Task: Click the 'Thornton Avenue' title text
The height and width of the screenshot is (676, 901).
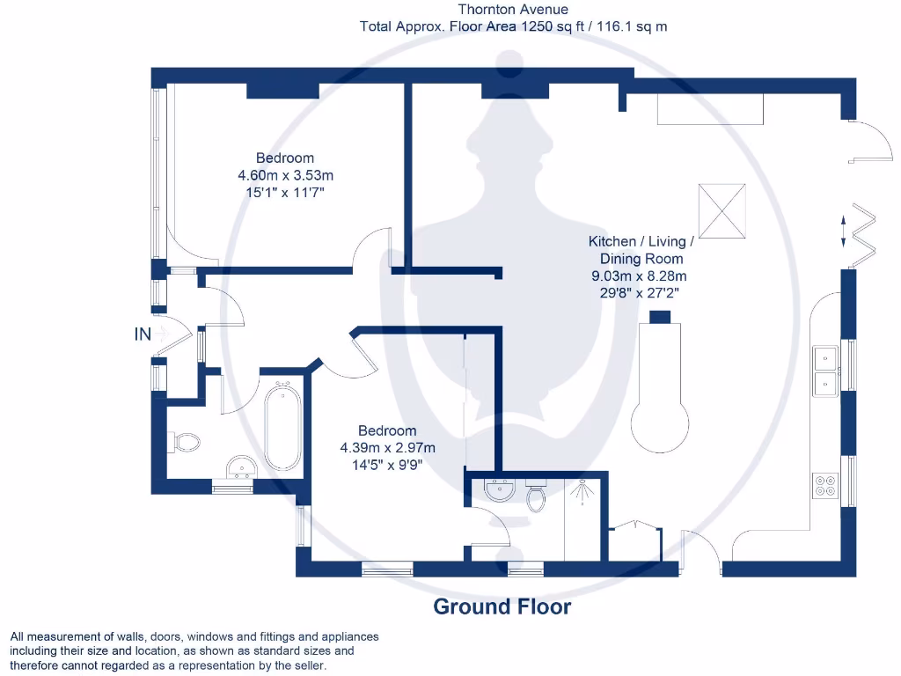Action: pos(513,10)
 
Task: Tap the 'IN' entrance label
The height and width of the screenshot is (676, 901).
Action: pos(143,334)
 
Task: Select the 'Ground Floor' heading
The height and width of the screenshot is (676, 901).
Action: pos(502,606)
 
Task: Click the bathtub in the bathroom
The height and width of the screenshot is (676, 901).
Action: pos(283,425)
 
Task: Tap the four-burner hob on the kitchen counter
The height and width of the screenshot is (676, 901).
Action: pos(825,485)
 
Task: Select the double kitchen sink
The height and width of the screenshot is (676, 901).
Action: pos(825,370)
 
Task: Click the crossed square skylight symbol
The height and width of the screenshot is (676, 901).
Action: pos(722,210)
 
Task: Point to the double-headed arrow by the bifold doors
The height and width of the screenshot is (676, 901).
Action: pos(845,231)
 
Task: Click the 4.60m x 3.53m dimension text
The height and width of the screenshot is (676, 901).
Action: pos(285,174)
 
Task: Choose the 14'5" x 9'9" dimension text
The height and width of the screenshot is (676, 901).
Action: pos(387,463)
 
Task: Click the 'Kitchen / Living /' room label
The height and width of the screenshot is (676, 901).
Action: pos(641,241)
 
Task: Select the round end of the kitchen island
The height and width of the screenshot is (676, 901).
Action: pos(662,421)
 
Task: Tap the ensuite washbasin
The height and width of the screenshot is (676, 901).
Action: pos(499,489)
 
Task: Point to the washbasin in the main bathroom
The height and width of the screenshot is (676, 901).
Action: pos(239,465)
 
